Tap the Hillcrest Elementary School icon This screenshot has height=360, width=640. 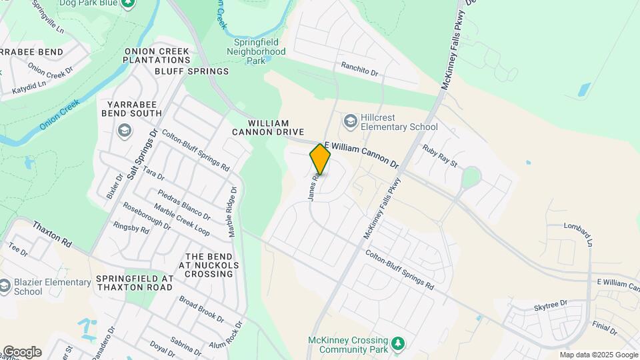(x=350, y=121)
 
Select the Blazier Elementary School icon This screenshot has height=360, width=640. (x=6, y=287)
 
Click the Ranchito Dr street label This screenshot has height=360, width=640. (x=359, y=69)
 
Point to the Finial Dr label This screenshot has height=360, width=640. (x=605, y=329)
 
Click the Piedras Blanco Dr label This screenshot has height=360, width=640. (x=184, y=205)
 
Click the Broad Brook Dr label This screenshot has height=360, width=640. (x=201, y=308)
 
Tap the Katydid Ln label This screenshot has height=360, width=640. (x=28, y=85)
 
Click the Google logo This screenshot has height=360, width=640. (x=22, y=352)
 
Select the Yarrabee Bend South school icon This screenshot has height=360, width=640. (x=123, y=129)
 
